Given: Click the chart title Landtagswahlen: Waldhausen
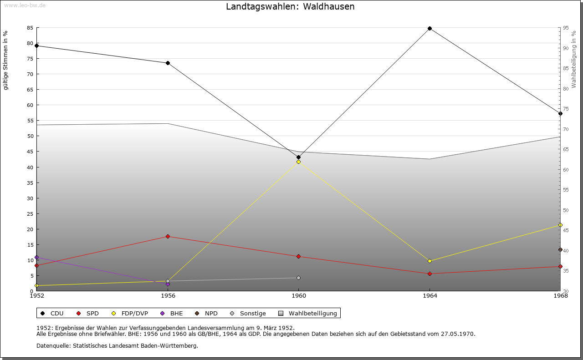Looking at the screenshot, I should tap(290, 7).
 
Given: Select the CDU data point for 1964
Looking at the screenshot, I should tap(430, 28).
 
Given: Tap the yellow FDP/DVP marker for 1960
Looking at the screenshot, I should tap(298, 162).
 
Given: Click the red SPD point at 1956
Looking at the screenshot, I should tap(168, 236).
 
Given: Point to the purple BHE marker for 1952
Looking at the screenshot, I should tap(37, 257).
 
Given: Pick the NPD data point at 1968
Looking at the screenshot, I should tap(560, 249).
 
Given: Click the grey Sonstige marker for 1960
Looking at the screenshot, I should tap(298, 278).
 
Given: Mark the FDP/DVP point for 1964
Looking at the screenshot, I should tap(430, 261).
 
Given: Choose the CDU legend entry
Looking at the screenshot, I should tap(52, 313).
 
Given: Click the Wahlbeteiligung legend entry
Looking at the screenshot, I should tap(308, 313).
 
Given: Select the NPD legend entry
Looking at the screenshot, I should tap(207, 313).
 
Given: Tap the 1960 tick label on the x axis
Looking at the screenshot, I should tap(298, 296).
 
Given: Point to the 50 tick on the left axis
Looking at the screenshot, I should tap(30, 136).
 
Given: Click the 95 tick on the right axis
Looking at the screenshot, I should tap(565, 28).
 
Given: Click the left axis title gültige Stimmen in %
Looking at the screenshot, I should tap(6, 61).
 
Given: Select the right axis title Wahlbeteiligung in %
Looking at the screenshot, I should tap(574, 60).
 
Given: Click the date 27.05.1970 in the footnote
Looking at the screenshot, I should tap(458, 334).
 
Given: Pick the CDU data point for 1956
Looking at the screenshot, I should tap(168, 63).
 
